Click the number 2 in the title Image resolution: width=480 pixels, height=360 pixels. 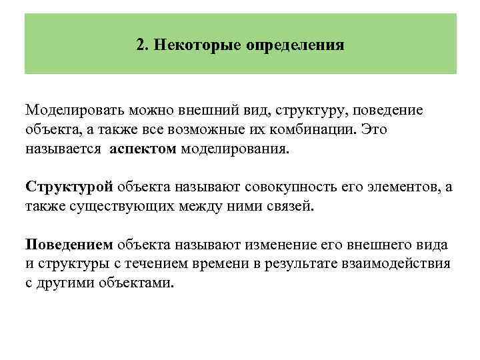[x=140, y=46]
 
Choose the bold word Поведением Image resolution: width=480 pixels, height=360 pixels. [x=69, y=244]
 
